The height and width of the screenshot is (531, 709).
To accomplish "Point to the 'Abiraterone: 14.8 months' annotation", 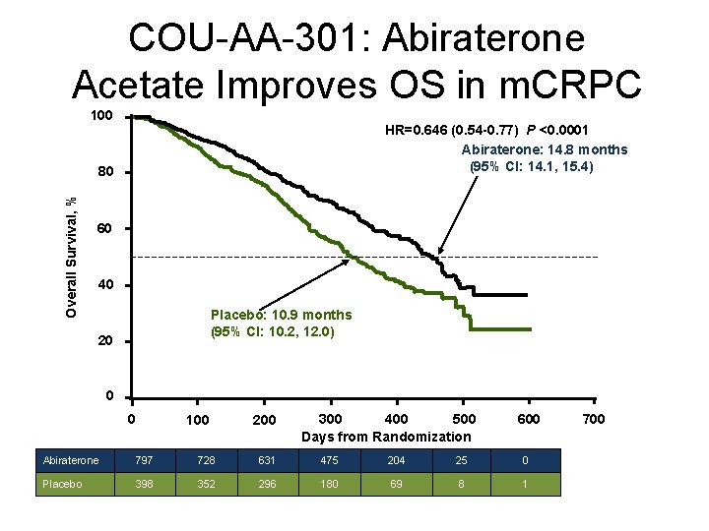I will tap(545, 149).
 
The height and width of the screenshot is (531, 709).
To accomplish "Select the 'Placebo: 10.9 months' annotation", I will tap(281, 315).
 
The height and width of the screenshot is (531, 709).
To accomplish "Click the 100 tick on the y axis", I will tap(101, 116).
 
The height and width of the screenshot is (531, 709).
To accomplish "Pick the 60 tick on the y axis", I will tap(105, 229).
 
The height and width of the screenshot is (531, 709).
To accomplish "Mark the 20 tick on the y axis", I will tap(105, 342).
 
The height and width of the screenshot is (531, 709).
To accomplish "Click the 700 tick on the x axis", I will tap(593, 420).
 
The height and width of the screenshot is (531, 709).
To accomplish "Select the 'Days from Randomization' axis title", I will tap(386, 437).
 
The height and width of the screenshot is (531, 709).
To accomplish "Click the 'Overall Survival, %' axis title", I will tap(71, 257).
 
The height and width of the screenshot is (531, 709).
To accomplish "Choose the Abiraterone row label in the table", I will tap(72, 460).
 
